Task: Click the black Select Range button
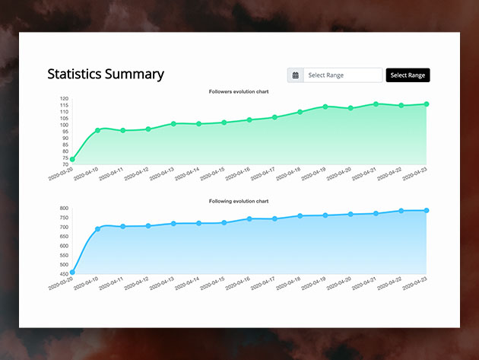tap(408, 75)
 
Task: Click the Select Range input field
tap(343, 75)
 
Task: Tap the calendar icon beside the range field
tap(296, 75)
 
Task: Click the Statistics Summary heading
tap(106, 74)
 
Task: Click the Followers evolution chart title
tap(239, 91)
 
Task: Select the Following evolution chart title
tap(239, 201)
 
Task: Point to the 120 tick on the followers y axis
tap(65, 99)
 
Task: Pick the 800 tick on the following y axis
tap(64, 208)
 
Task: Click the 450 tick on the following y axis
tap(64, 273)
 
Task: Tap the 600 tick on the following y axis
tap(64, 247)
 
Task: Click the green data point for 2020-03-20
tap(72, 160)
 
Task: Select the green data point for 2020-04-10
tap(97, 130)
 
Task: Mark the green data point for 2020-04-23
tap(427, 104)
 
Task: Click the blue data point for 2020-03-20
tap(72, 272)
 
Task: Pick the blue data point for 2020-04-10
tap(97, 228)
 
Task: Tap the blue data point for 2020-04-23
tap(427, 211)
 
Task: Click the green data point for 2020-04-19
tap(325, 107)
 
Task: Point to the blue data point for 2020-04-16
tap(249, 219)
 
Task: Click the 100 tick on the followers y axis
tap(65, 124)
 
